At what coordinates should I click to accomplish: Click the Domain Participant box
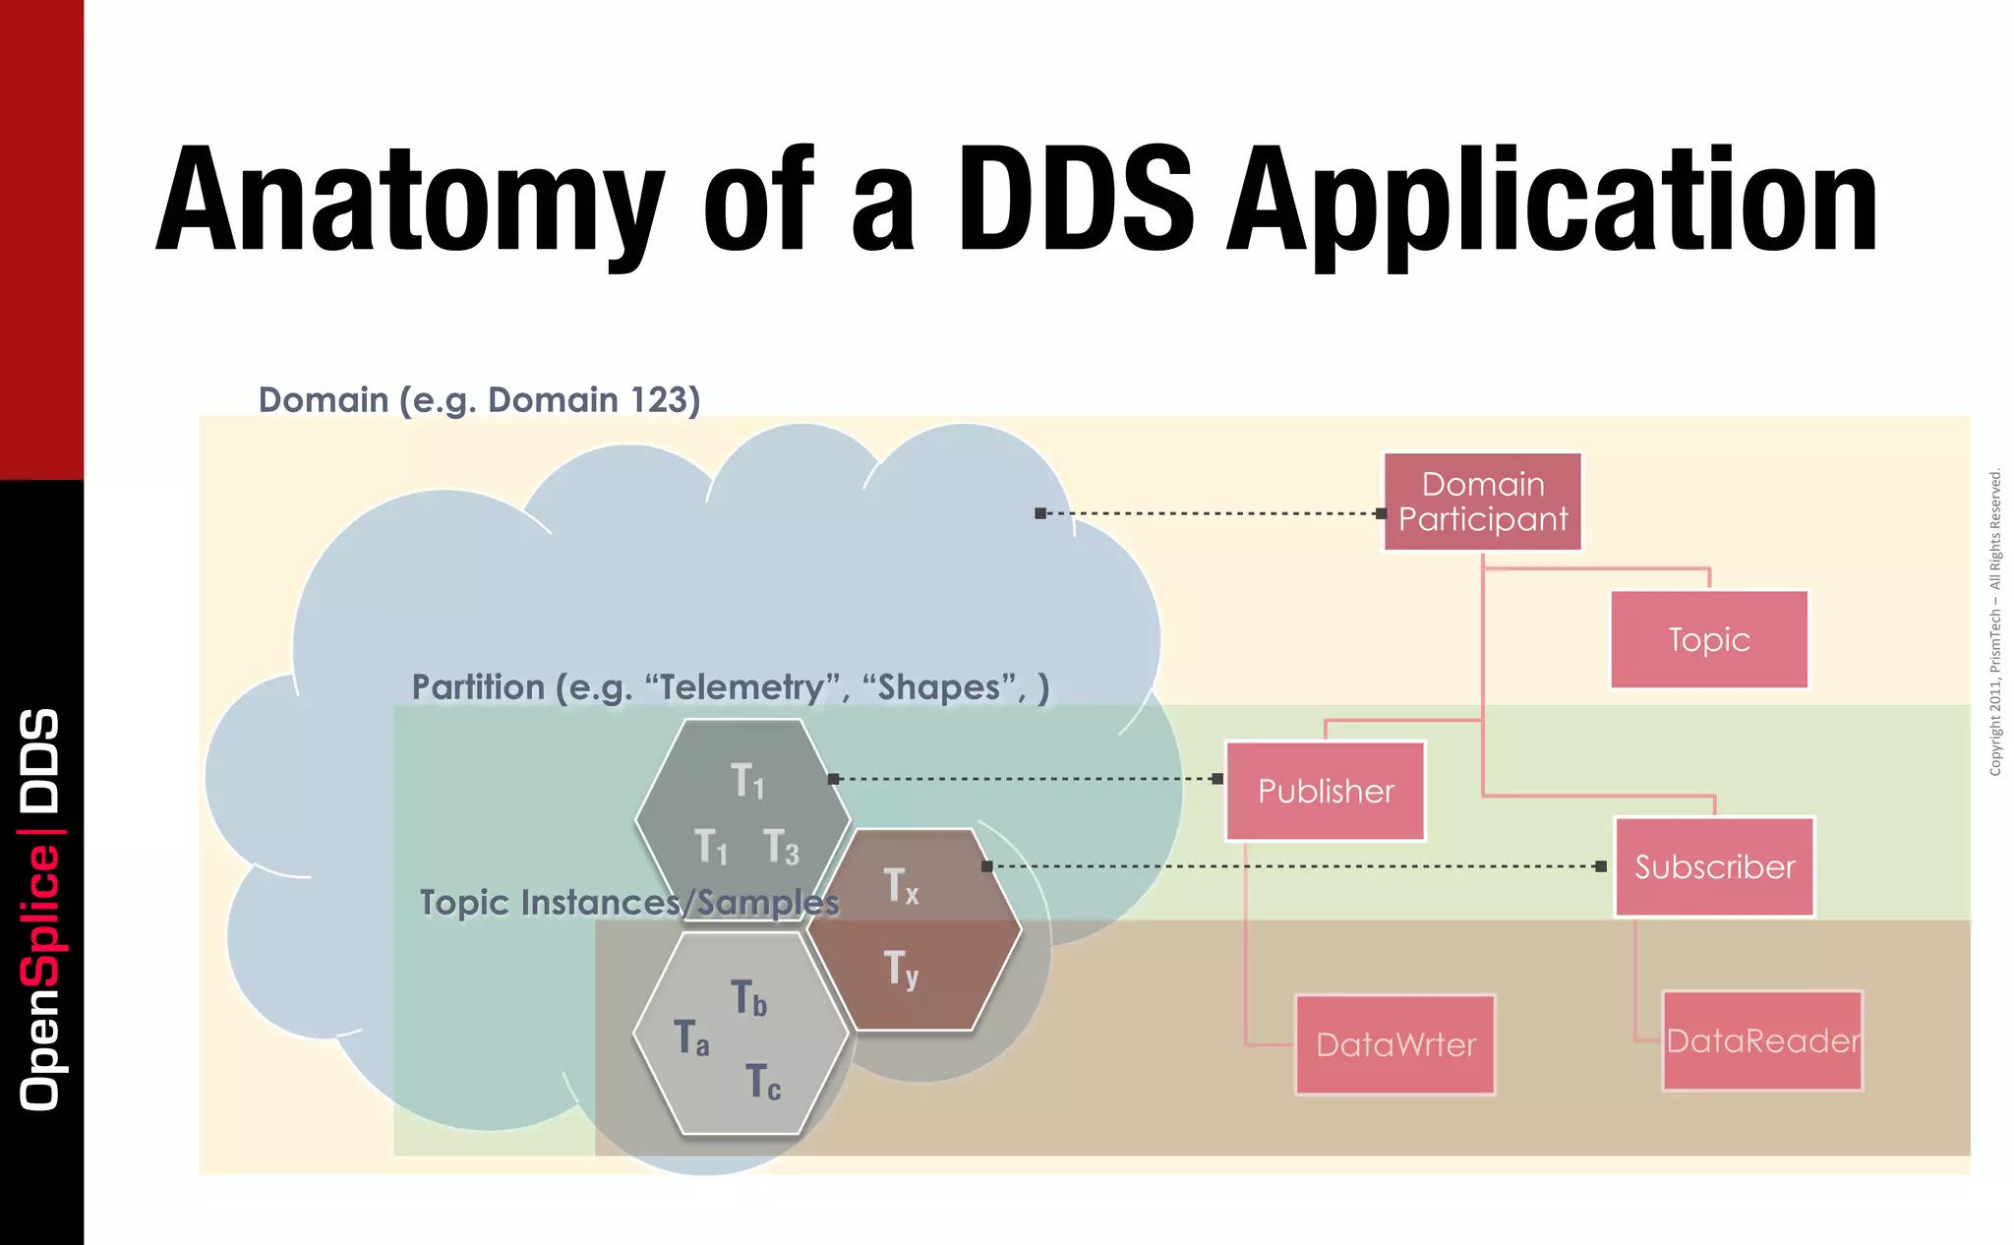(1482, 502)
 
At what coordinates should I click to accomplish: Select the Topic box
(1709, 639)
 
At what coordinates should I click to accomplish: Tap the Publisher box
(1325, 791)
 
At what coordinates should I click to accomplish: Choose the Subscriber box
(1714, 866)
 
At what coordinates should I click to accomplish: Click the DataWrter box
(1394, 1044)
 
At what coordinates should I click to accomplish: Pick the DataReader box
(1762, 1040)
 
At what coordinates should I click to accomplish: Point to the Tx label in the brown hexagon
(901, 886)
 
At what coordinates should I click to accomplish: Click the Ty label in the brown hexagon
(901, 969)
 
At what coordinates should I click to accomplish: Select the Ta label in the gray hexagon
(691, 1038)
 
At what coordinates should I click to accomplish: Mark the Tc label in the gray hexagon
(763, 1083)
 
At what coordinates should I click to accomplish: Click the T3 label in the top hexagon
(782, 847)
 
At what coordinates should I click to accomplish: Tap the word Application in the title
(1552, 202)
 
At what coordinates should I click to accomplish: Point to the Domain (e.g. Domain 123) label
(479, 400)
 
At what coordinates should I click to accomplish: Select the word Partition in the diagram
(478, 687)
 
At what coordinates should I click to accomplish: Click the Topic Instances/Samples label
(629, 903)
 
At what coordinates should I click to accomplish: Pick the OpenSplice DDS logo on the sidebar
(40, 910)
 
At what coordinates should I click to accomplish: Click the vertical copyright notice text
(1995, 622)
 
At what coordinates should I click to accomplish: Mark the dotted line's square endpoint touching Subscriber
(1601, 866)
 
